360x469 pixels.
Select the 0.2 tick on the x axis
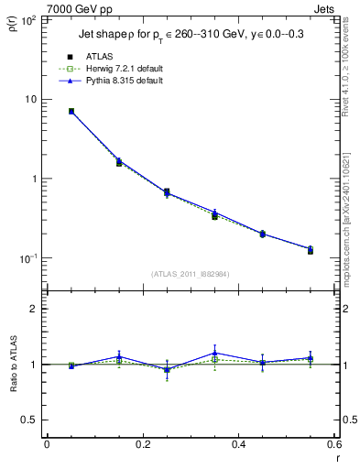[142, 445]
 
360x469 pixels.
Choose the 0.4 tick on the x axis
[238, 445]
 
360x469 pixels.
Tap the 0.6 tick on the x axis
[333, 445]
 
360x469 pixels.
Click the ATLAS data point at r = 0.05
[71, 111]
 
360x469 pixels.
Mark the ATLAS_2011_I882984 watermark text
[190, 274]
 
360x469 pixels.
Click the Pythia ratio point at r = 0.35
[214, 353]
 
